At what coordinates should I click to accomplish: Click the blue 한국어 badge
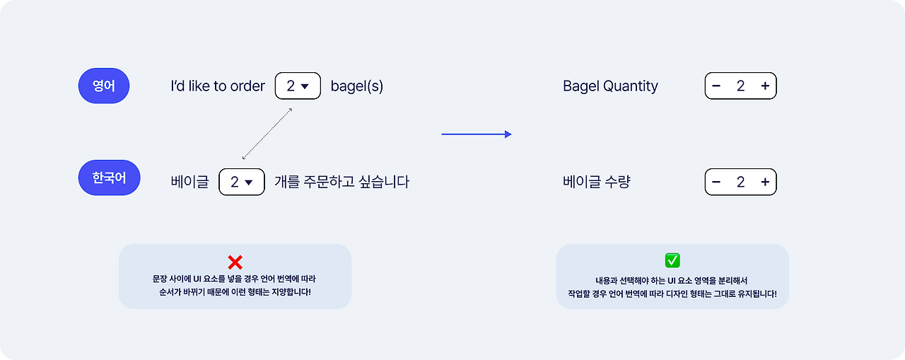(109, 178)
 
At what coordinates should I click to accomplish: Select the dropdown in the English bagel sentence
(298, 86)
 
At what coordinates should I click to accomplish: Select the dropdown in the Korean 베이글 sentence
(242, 182)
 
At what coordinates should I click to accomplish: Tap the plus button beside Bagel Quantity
(764, 86)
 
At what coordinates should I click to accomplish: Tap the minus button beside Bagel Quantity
(716, 86)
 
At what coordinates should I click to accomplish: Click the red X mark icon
(235, 262)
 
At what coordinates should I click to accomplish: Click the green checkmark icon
(672, 261)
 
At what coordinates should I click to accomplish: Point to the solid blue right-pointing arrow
(476, 134)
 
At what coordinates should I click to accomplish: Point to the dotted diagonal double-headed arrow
(267, 134)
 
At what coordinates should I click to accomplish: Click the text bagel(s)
(357, 86)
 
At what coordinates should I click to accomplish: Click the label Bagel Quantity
(610, 86)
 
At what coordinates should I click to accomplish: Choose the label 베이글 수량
(596, 182)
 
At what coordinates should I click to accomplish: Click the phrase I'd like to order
(218, 86)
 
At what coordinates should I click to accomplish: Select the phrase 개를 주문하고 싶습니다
(341, 182)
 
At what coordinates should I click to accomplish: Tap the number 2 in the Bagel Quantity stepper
(740, 86)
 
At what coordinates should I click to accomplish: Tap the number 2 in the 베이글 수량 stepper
(740, 182)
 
